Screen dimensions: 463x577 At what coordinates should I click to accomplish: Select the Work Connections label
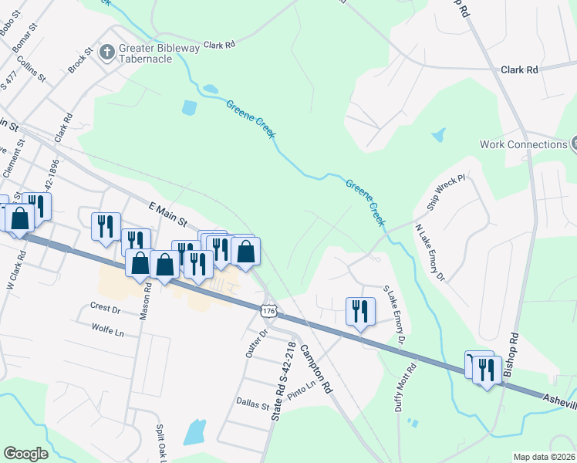point(523,144)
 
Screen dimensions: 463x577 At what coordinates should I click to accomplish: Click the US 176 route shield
point(268,310)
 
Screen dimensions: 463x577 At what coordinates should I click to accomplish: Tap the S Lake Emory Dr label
point(394,314)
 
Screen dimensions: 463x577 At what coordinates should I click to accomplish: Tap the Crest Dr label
point(106,309)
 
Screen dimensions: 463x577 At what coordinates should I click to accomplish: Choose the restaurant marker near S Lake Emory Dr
point(360,312)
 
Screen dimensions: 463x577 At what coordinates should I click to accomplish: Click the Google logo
point(25,454)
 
